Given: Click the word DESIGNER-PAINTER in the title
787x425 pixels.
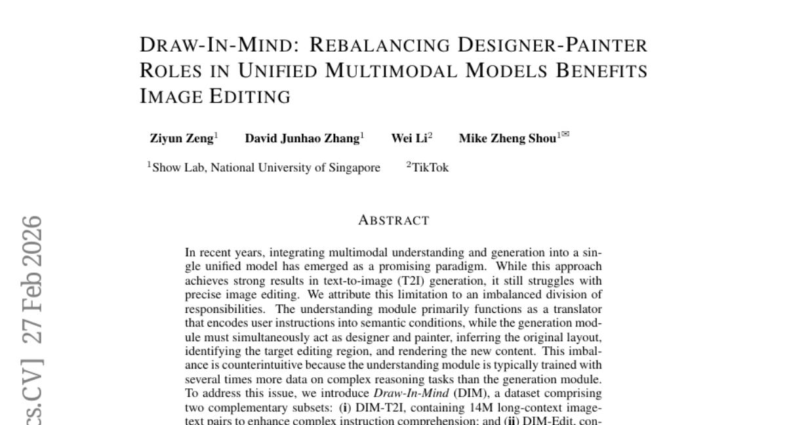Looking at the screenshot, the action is (x=552, y=45).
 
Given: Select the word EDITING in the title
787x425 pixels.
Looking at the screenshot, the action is (x=250, y=96).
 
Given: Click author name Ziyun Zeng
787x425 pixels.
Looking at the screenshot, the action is (x=182, y=138).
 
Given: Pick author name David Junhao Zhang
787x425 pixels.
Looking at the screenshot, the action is (x=302, y=138).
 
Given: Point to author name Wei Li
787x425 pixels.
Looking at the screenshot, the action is (x=409, y=138).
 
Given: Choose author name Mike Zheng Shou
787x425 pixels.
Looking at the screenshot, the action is (x=508, y=138).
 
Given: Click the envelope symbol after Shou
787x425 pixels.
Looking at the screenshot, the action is (x=565, y=134).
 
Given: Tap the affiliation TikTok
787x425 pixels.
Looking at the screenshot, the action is (x=430, y=167).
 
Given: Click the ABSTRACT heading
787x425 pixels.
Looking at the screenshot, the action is (x=394, y=220).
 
